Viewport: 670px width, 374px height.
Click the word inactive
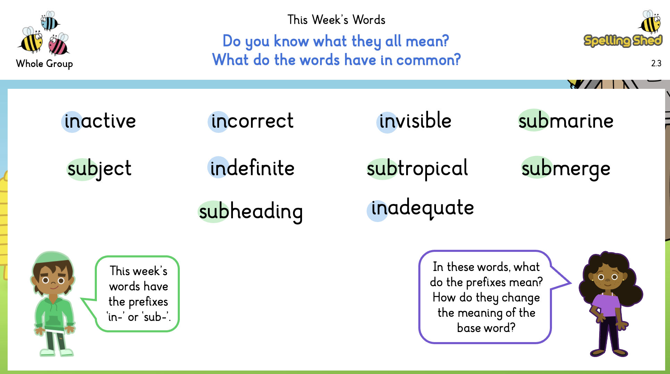(x=100, y=121)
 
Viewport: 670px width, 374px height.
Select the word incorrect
(x=252, y=121)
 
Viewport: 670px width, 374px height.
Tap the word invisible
(x=415, y=121)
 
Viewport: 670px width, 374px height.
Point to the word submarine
(x=566, y=121)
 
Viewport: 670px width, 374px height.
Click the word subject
(x=99, y=169)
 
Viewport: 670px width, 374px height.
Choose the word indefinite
(x=252, y=168)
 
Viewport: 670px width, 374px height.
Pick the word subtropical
(x=417, y=169)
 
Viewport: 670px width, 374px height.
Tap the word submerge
(x=566, y=169)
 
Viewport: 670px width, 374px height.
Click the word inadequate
(x=422, y=208)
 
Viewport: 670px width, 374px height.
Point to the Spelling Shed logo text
(x=623, y=41)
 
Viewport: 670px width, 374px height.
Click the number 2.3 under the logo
(x=656, y=63)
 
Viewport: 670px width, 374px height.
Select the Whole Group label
(x=44, y=64)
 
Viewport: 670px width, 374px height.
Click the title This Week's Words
(x=336, y=20)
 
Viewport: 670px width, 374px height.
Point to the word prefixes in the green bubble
(x=148, y=302)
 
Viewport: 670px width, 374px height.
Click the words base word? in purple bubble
(x=486, y=328)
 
